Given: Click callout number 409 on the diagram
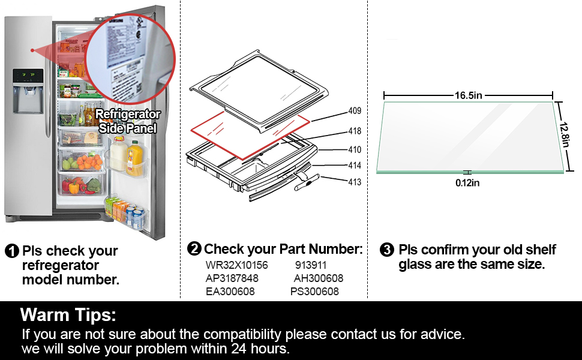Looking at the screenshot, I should coord(355,111).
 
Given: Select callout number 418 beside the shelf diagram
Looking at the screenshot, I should coord(355,131).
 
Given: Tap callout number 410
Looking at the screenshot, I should coord(355,150).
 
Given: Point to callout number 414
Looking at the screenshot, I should coord(355,166).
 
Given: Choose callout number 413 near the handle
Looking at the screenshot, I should coord(355,182).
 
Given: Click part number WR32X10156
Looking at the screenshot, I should coord(236,265).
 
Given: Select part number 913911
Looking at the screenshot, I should coord(311,265).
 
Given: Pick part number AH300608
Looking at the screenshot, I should coord(318,278).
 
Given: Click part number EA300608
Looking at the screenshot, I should coord(230,292).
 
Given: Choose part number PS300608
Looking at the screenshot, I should coord(314,292).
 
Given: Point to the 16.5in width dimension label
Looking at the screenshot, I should coord(469,95).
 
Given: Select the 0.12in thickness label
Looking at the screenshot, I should coord(467,183).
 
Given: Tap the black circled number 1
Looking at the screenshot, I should coord(11,251).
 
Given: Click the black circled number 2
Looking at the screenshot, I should coord(194,249).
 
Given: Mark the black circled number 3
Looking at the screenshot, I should coord(388,250).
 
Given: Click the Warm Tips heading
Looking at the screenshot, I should coord(68,314).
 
